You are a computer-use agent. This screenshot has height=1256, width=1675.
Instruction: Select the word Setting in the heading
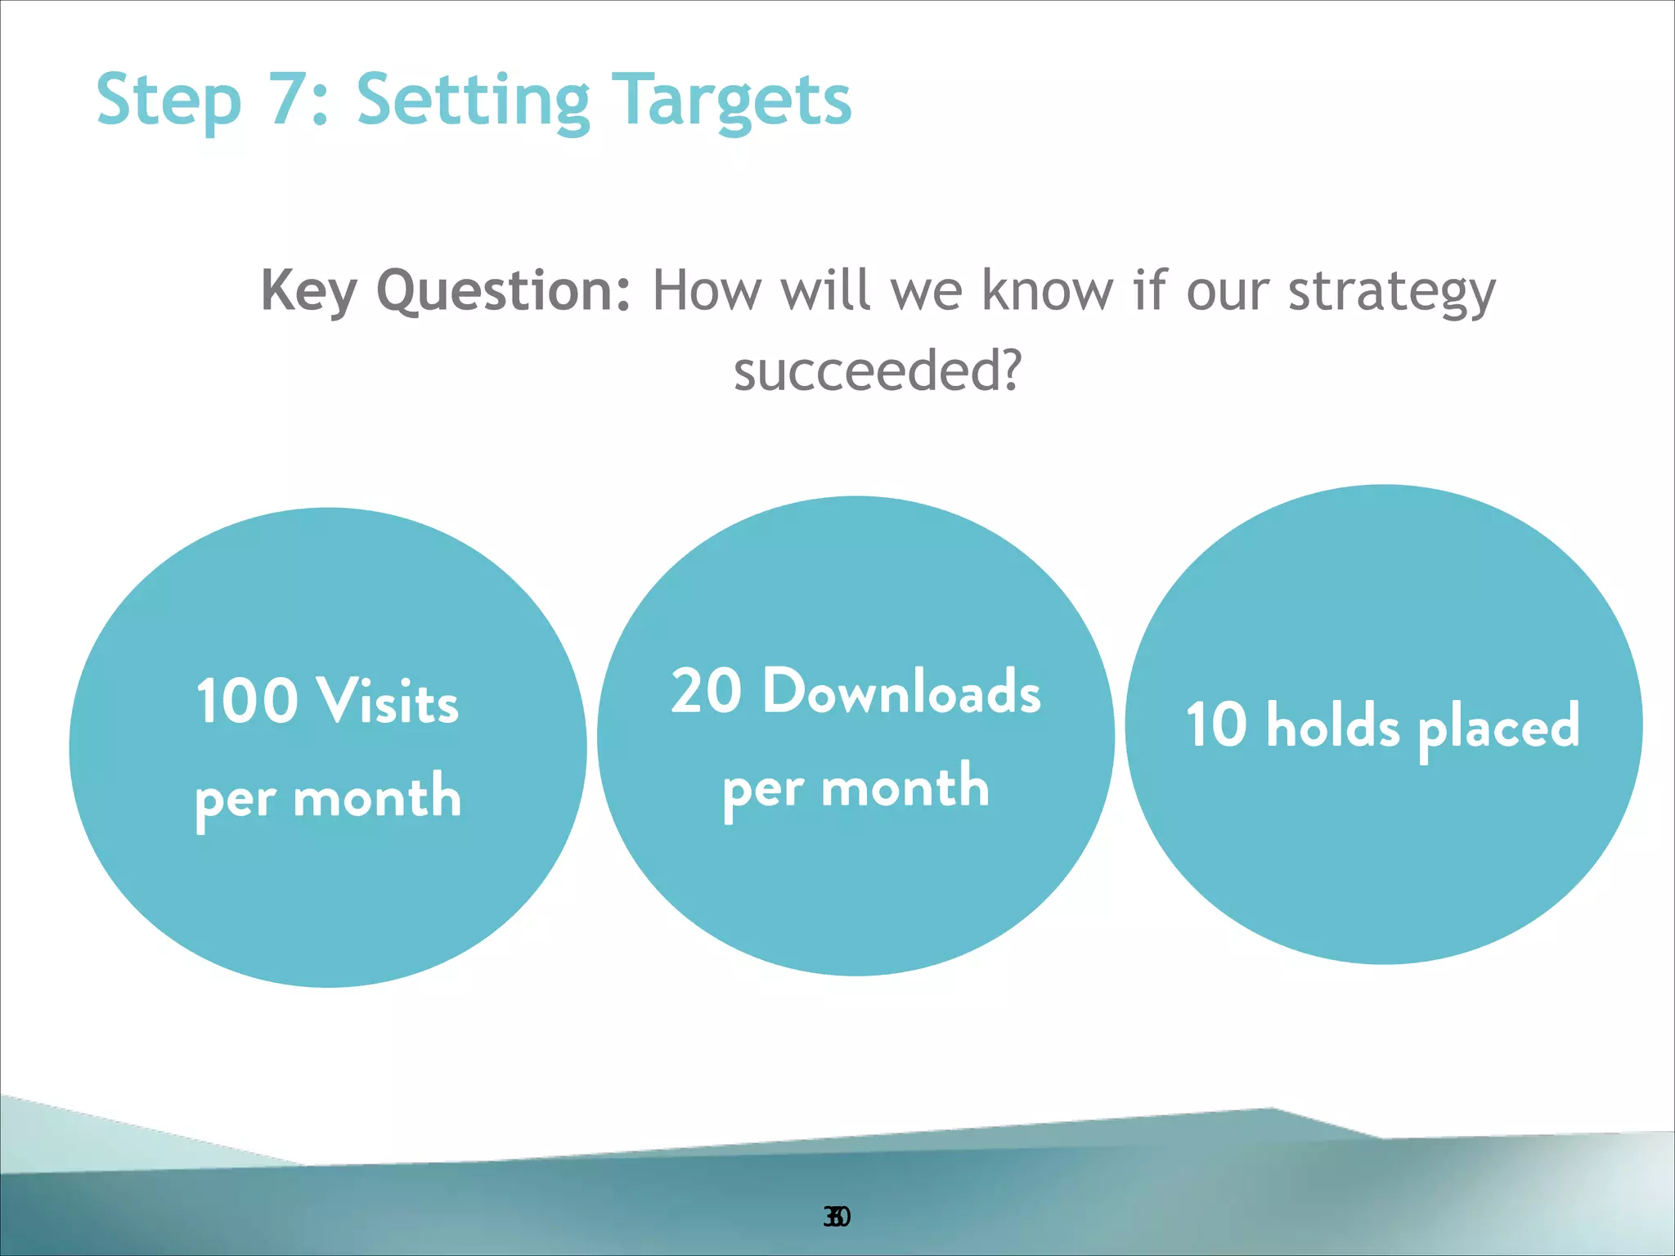point(473,101)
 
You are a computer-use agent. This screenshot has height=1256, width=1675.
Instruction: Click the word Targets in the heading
point(732,101)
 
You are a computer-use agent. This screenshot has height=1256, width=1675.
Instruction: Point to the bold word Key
point(308,291)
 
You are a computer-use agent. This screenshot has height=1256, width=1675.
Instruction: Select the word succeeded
point(878,370)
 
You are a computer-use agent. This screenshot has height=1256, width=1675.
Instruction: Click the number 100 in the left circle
point(247,701)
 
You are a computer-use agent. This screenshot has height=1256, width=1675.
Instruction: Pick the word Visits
point(388,701)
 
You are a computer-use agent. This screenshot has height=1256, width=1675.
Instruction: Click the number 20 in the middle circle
point(706,691)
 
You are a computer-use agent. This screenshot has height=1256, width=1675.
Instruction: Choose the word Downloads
point(901,691)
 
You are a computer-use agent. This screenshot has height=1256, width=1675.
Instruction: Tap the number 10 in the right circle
point(1216,724)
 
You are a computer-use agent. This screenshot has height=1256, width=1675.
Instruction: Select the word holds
point(1333,724)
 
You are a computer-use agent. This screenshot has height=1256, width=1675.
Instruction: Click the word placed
point(1498,726)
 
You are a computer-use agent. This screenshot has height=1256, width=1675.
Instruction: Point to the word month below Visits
point(377,797)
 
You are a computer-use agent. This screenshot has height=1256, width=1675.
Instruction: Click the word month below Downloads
point(905,787)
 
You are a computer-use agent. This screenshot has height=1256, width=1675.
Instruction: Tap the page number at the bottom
point(837,1217)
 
